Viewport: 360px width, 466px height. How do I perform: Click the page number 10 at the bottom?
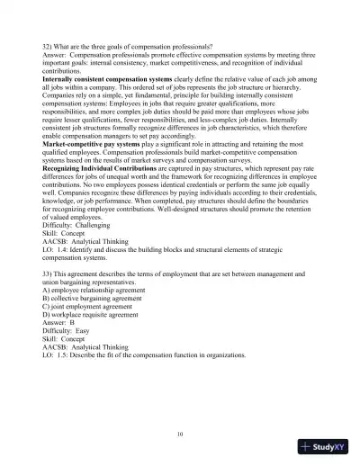pyautogui.click(x=180, y=434)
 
